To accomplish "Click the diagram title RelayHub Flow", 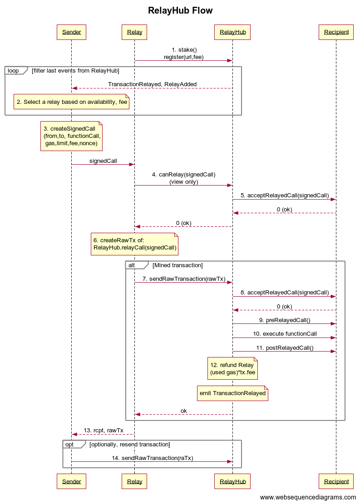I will [180, 10].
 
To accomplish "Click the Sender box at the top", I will [71, 32].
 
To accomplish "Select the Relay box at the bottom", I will [134, 481].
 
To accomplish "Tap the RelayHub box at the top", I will [232, 32].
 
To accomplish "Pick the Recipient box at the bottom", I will [336, 481].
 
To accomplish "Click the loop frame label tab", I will [14, 70].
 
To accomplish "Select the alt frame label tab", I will [135, 265].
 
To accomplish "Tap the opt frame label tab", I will [72, 444].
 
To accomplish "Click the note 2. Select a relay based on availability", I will [72, 102].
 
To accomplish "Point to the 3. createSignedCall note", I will [71, 136].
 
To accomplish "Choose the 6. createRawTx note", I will [134, 244].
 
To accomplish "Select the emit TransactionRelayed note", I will [232, 393].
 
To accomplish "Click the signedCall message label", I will [103, 161].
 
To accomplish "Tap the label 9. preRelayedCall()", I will [285, 320].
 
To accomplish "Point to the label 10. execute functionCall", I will [285, 333].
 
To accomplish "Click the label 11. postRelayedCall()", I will [285, 347].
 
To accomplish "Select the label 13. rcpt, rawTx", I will [103, 430].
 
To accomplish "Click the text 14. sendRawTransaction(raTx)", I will [152, 458].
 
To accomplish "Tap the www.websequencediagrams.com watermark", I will [308, 497].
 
